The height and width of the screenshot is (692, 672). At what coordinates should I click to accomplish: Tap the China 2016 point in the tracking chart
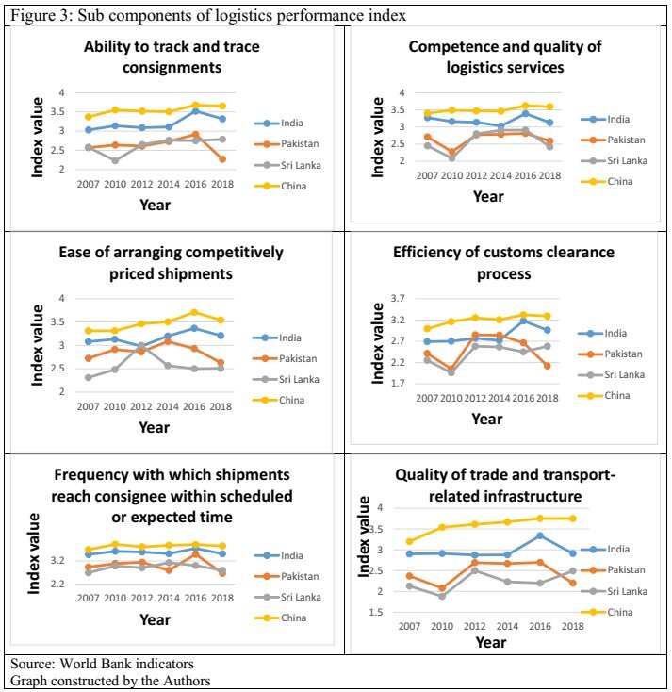pyautogui.click(x=194, y=106)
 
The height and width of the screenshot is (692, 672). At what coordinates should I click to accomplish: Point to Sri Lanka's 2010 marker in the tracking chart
pyautogui.click(x=115, y=160)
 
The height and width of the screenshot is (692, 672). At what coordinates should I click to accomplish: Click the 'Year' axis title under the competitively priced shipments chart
pyautogui.click(x=155, y=427)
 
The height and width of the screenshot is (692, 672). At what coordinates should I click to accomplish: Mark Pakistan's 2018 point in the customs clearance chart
pyautogui.click(x=571, y=366)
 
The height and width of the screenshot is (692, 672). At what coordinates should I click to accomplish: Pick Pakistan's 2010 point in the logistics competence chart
pyautogui.click(x=452, y=152)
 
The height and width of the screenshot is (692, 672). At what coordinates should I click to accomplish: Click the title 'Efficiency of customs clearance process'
pyautogui.click(x=503, y=263)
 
